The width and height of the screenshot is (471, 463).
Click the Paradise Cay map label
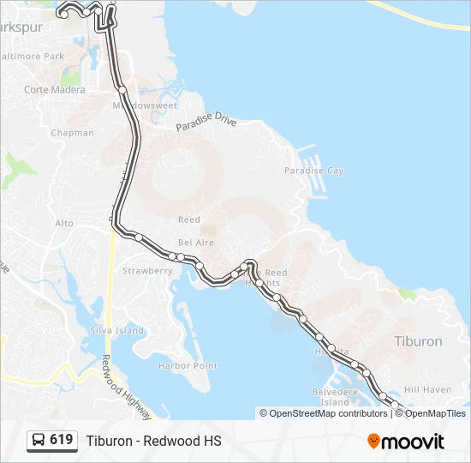tap(313, 171)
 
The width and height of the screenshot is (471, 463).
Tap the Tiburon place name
tap(418, 341)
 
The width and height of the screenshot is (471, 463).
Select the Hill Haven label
tap(427, 389)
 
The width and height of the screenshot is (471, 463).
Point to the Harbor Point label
tap(188, 366)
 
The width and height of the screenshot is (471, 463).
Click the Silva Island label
tap(117, 330)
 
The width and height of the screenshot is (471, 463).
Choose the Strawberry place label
tap(147, 271)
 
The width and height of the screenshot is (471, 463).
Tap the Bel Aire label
tap(196, 243)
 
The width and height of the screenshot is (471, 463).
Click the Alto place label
tap(64, 223)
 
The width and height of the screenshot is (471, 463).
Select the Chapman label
tap(72, 133)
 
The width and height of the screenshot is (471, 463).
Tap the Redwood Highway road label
tap(126, 387)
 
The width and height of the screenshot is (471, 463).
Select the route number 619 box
tap(51, 441)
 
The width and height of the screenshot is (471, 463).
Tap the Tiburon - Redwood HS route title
tap(153, 441)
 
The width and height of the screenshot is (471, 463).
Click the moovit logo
tap(406, 442)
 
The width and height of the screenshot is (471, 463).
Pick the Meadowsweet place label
tap(145, 105)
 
